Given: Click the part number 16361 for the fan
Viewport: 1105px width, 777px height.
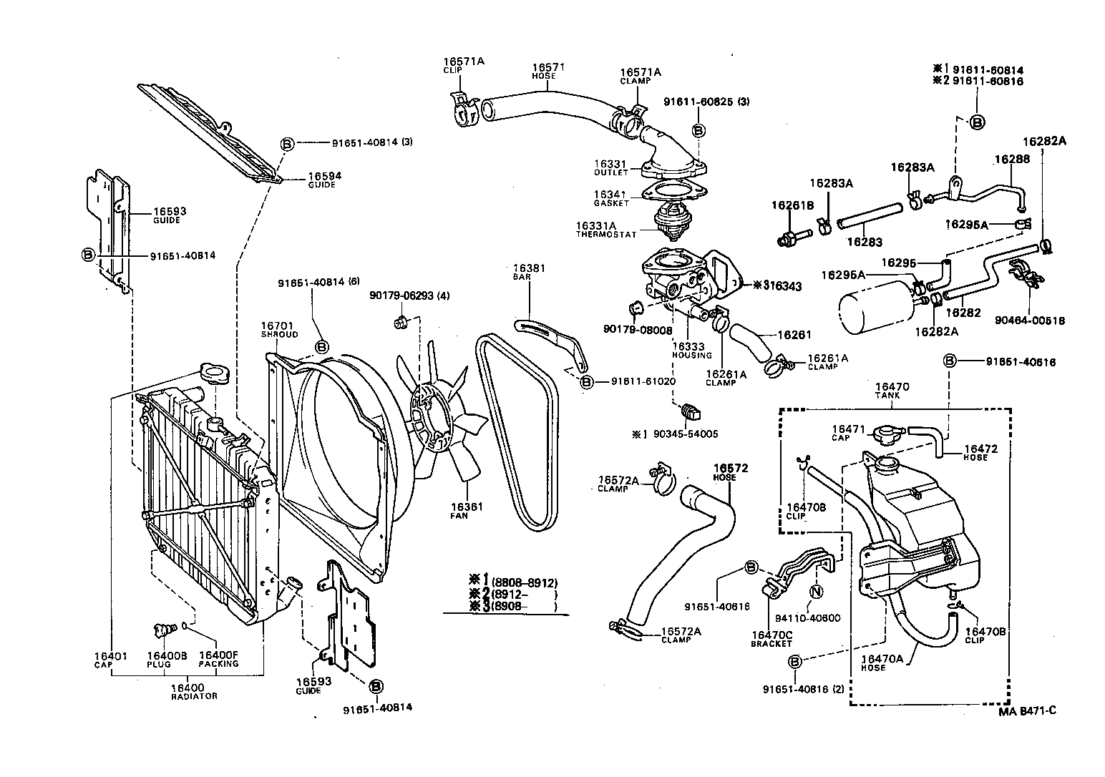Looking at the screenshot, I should (467, 507).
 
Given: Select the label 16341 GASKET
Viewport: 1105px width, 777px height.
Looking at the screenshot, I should (610, 198).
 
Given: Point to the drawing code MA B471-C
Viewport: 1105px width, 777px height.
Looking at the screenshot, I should (1028, 710).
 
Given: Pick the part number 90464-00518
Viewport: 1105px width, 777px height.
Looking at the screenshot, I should (1030, 321).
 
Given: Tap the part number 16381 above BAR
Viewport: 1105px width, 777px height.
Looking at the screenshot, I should (530, 268).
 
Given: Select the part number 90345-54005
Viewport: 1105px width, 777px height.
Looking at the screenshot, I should (685, 434).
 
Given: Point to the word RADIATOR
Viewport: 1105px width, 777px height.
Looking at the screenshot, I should (194, 696).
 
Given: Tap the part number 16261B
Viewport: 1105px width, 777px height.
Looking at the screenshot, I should (792, 205).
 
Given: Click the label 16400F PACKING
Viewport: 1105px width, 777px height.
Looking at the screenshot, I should (218, 659).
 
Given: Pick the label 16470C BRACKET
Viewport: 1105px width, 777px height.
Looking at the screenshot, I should (771, 638).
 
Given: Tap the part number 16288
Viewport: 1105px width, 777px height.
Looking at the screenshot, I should (1011, 160).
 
